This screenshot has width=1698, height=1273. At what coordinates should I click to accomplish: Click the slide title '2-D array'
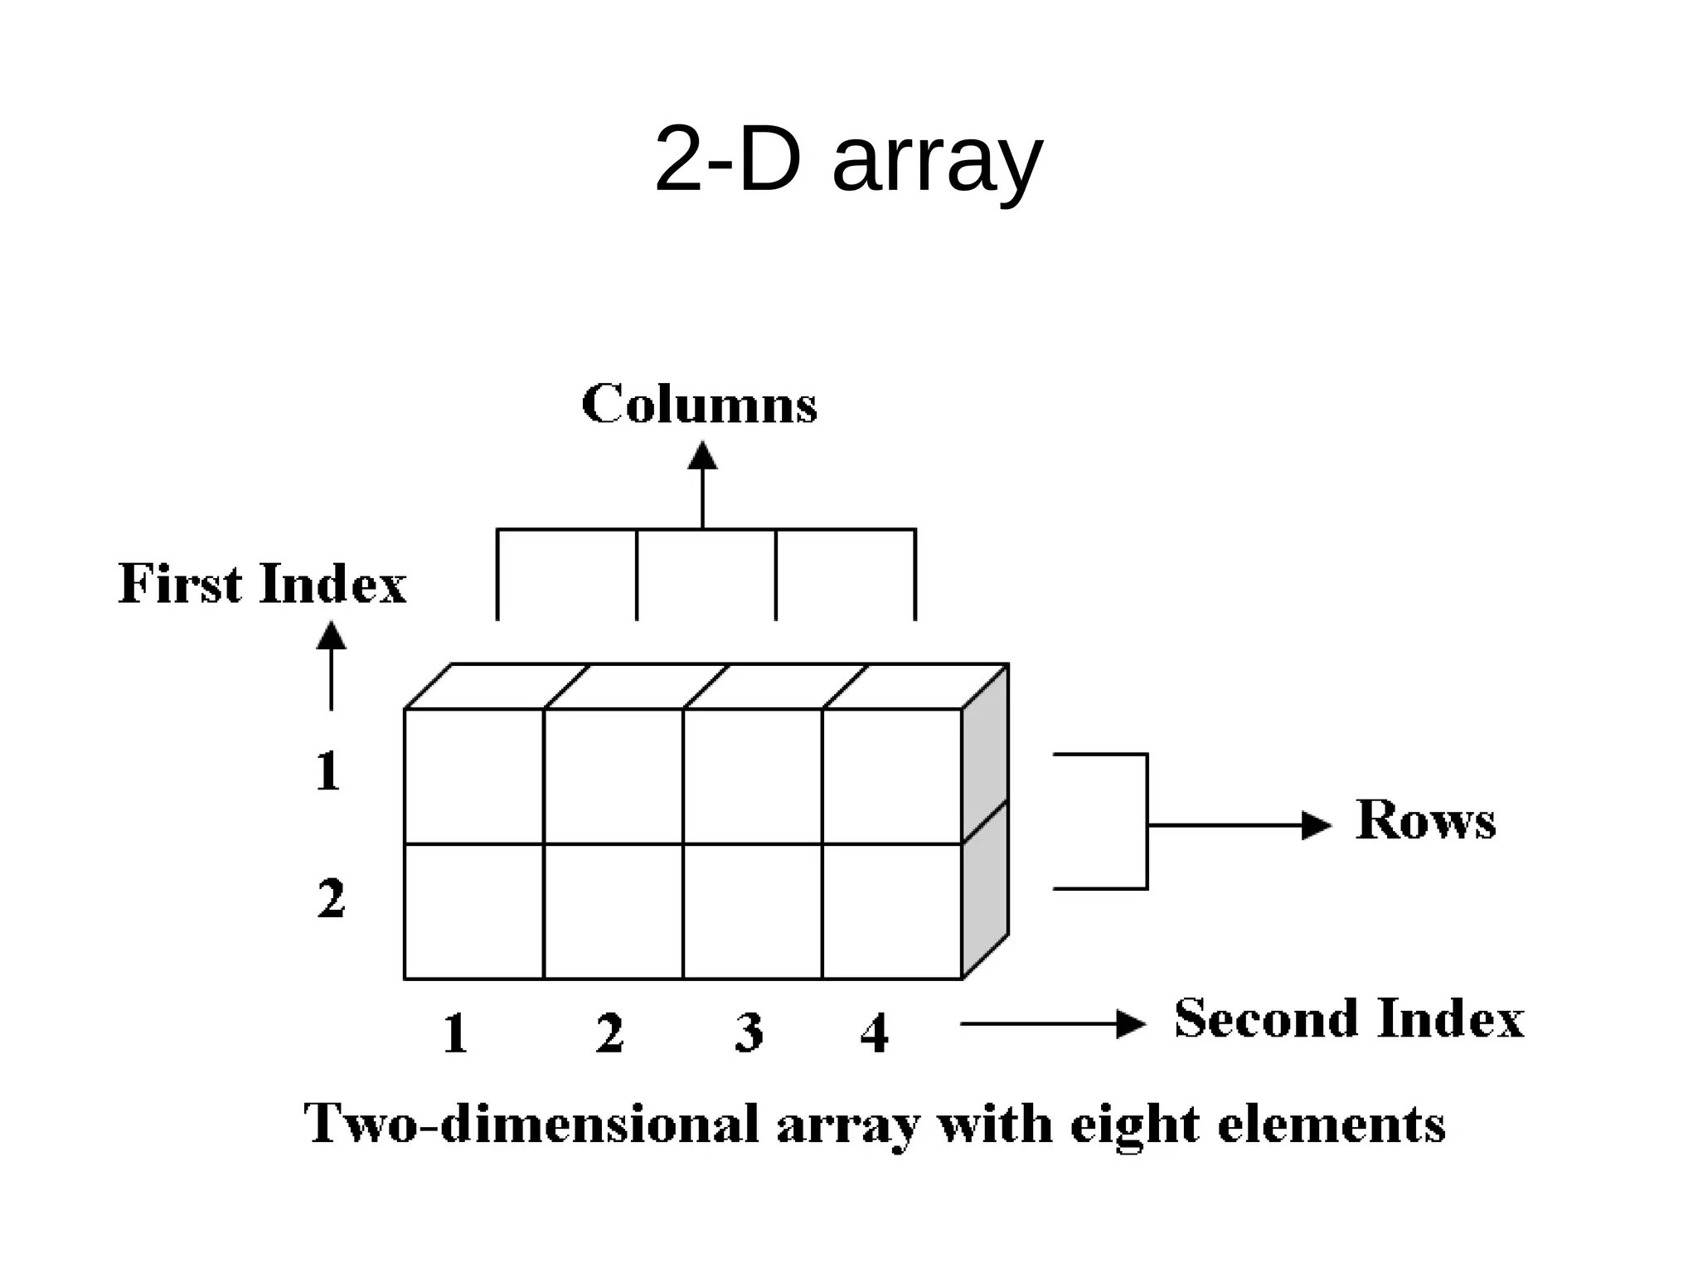(x=847, y=159)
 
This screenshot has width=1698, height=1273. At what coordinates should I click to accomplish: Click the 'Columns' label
(x=699, y=405)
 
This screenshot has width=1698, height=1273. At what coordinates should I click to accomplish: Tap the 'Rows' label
(x=1425, y=820)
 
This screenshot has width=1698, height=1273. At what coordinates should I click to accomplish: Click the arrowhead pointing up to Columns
(x=702, y=456)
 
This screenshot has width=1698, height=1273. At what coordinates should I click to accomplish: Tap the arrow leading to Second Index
(x=1053, y=1024)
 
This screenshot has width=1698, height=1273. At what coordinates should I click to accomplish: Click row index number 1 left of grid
(x=328, y=771)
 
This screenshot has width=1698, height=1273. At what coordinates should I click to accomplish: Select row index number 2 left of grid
(x=331, y=898)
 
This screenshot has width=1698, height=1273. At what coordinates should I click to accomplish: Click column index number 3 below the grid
(x=749, y=1033)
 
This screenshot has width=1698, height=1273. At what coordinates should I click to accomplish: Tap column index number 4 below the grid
(x=875, y=1033)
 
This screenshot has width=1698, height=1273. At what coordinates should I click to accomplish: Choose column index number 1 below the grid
(x=455, y=1033)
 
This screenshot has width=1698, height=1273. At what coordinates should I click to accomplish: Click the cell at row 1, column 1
(x=474, y=776)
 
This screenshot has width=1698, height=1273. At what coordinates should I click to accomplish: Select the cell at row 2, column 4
(x=892, y=911)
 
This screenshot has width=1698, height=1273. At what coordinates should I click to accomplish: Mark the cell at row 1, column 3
(x=753, y=776)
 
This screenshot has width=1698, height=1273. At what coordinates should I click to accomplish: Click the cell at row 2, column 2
(x=614, y=911)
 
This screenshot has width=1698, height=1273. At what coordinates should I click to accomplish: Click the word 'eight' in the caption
(x=1133, y=1126)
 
